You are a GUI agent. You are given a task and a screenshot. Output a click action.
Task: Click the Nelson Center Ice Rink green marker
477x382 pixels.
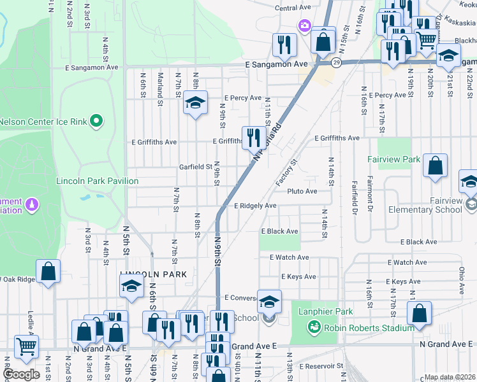[96, 120]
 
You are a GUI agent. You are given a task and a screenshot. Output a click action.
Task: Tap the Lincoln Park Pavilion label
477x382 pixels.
[97, 181]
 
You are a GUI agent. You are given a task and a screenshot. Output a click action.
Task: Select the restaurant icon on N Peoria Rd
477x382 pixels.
[254, 137]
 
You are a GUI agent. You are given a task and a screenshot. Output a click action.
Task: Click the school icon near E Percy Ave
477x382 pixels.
[195, 103]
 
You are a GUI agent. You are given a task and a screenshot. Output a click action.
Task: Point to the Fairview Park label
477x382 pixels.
[394, 159]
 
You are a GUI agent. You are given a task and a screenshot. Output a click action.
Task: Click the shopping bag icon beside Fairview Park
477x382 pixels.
[435, 167]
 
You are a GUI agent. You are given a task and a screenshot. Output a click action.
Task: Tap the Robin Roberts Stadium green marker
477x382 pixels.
[313, 328]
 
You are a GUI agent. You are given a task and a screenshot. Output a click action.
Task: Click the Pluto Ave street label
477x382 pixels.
[302, 191]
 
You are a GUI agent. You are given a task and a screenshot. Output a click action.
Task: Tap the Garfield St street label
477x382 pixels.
[195, 167]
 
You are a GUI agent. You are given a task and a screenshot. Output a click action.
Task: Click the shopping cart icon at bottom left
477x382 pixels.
[26, 347]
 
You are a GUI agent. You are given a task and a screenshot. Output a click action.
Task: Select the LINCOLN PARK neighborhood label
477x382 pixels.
[153, 274]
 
